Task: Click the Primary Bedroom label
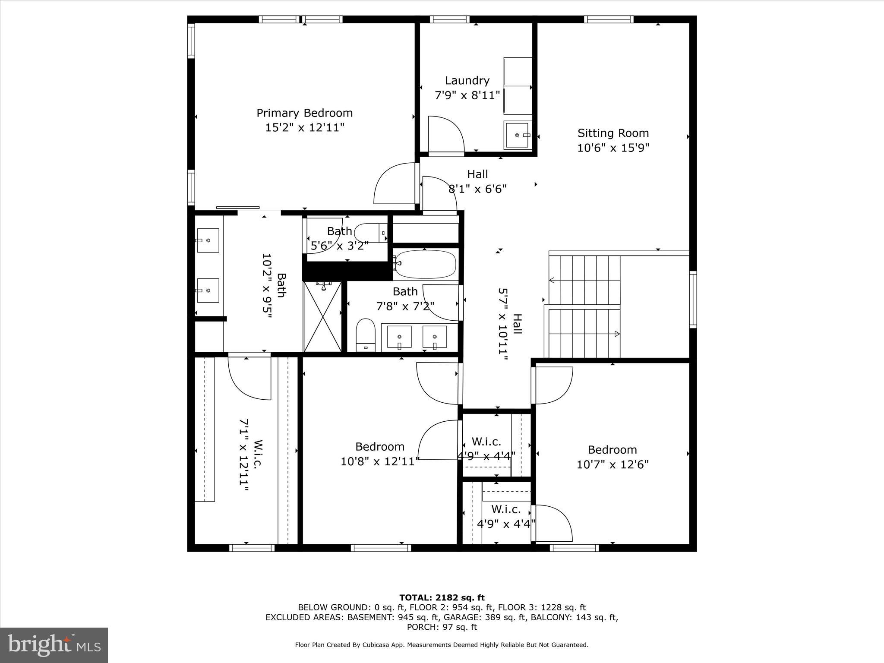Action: [x=304, y=113]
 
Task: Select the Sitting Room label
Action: [x=613, y=133]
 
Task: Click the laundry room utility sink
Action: [x=518, y=135]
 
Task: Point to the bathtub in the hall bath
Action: [x=425, y=263]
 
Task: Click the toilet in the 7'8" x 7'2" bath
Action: [x=366, y=335]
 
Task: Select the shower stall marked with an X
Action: [x=322, y=316]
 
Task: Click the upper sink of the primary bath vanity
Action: [x=208, y=240]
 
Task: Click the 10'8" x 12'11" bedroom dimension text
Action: [x=380, y=461]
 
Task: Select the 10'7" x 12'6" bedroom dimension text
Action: [x=612, y=464]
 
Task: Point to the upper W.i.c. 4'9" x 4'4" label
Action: [x=486, y=442]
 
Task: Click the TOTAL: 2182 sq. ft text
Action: [x=442, y=598]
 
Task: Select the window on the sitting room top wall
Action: [x=609, y=19]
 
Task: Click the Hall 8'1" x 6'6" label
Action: [x=477, y=174]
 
